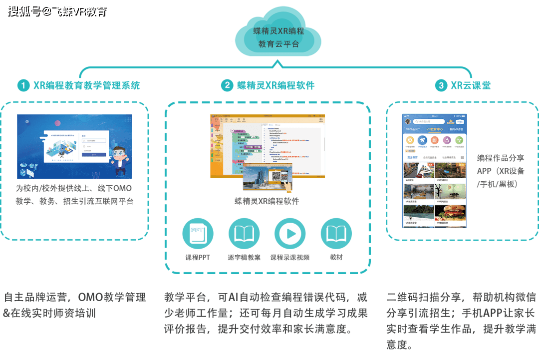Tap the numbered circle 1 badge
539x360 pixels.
(23, 85)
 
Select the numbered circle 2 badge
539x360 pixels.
(227, 85)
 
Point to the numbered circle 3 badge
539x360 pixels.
(441, 85)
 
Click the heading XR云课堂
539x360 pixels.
(470, 85)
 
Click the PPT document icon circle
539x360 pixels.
(198, 234)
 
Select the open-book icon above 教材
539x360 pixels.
(336, 234)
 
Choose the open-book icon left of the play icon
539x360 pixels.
(244, 234)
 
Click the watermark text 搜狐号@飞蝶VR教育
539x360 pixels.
(56, 10)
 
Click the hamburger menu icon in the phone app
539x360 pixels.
(462, 158)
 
